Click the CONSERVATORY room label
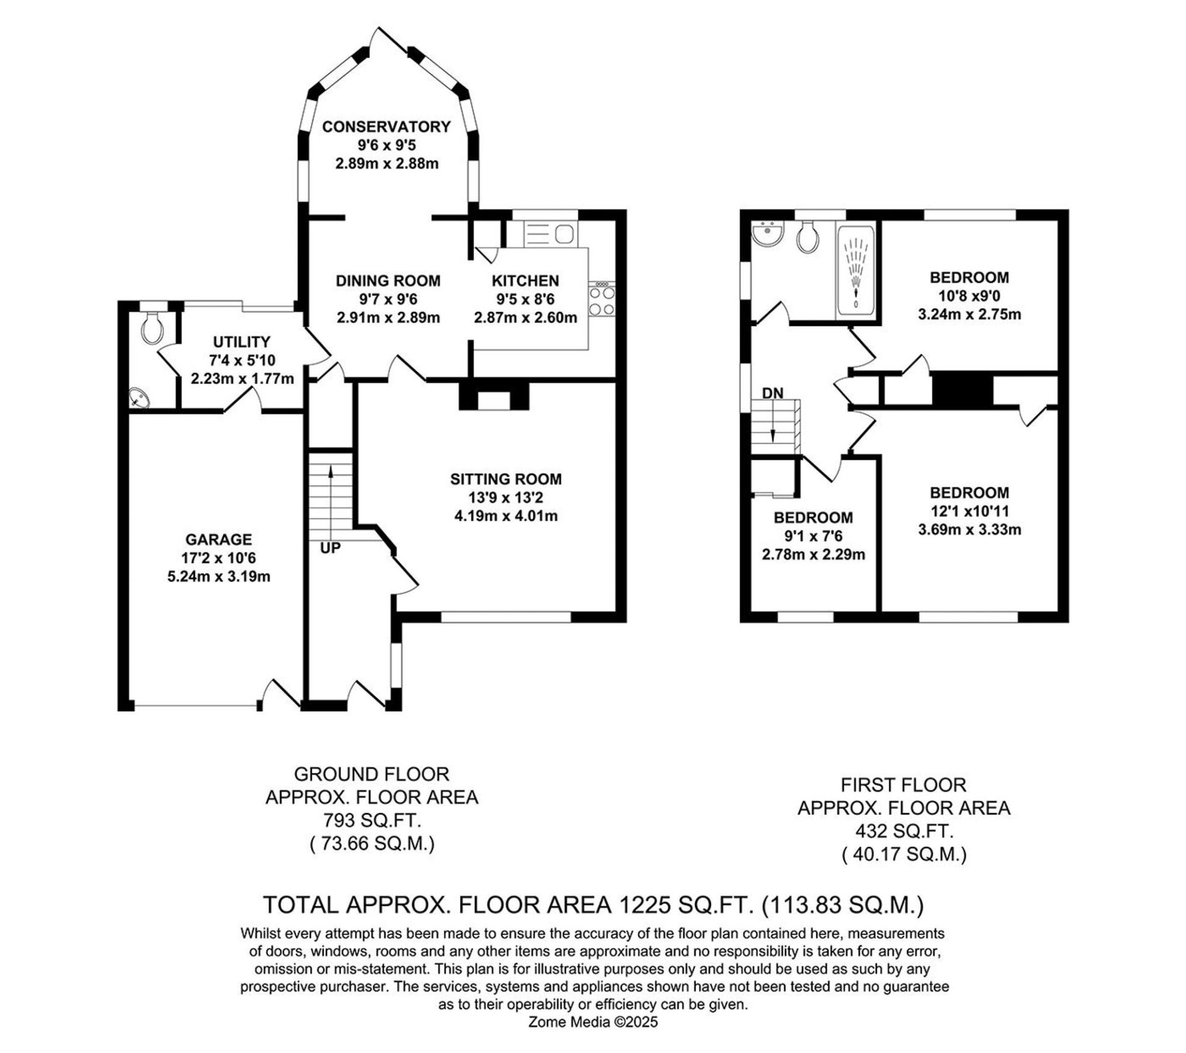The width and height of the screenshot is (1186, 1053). point(387,127)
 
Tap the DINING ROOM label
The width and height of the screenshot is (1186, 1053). point(388,281)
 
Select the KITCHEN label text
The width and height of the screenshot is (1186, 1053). point(525,281)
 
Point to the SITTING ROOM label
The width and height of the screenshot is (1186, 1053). point(506,479)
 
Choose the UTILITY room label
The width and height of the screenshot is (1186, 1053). point(242,342)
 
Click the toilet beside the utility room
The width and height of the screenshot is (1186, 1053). point(152,327)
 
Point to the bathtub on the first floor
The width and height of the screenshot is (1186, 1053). point(856,272)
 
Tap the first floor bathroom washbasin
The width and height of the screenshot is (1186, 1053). point(768,235)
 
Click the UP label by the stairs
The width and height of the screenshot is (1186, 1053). point(330,548)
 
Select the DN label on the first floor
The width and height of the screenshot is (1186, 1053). point(772,393)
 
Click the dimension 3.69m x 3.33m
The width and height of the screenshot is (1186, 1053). point(969,530)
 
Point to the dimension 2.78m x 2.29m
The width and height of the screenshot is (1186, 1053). point(814,554)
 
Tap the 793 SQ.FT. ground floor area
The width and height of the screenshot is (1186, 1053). point(372,820)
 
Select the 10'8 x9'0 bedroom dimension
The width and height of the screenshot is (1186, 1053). point(969,296)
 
